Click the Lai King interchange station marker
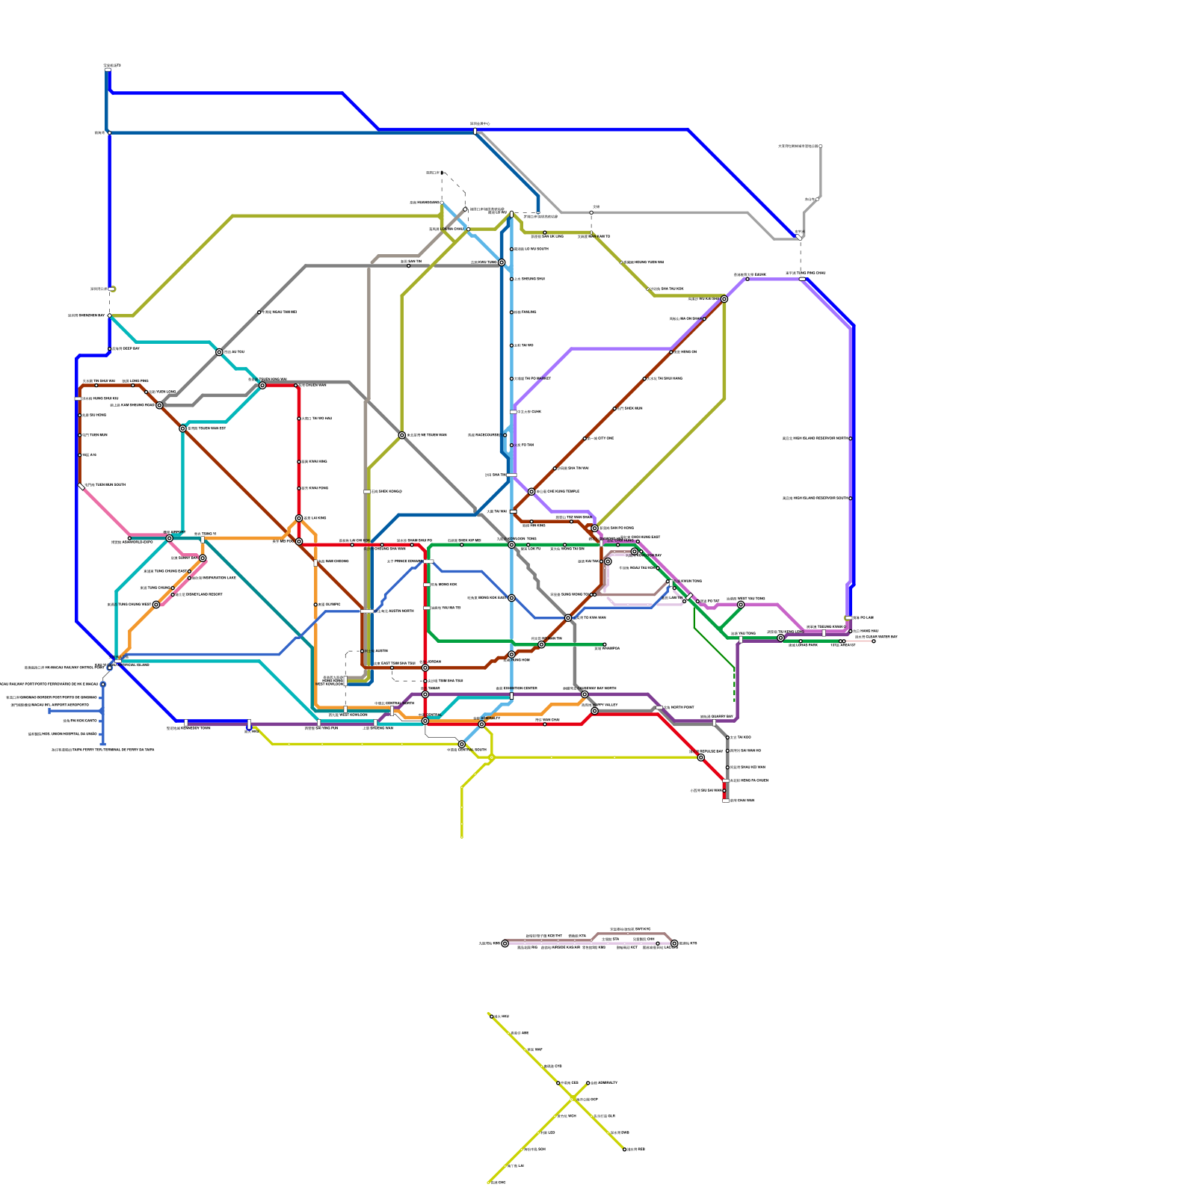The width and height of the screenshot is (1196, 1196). pyautogui.click(x=299, y=518)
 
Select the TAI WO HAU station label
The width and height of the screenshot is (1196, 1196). pyautogui.click(x=315, y=419)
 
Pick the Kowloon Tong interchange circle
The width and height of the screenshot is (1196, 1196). pyautogui.click(x=511, y=545)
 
